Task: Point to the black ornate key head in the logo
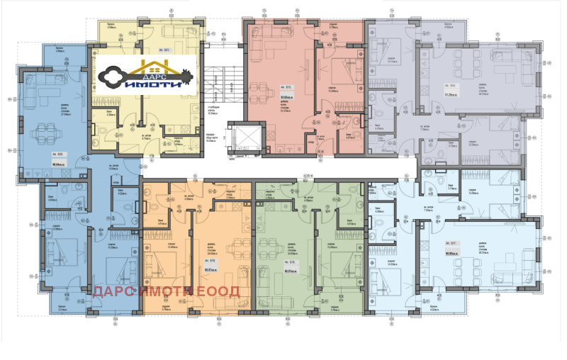(113, 76)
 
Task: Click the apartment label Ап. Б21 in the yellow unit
(166, 50)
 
